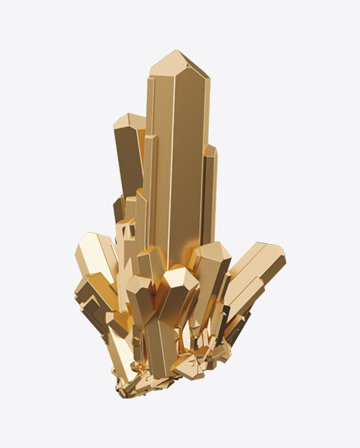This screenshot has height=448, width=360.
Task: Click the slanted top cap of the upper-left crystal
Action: pyautogui.click(x=129, y=121)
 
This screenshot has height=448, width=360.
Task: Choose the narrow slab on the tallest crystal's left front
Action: pyautogui.click(x=151, y=185)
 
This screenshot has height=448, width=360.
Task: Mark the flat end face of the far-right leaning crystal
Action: pyautogui.click(x=273, y=256)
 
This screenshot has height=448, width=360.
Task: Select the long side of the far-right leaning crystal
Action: pyautogui.click(x=247, y=270)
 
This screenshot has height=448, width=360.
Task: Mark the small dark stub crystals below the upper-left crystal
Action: pyautogui.click(x=122, y=212)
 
